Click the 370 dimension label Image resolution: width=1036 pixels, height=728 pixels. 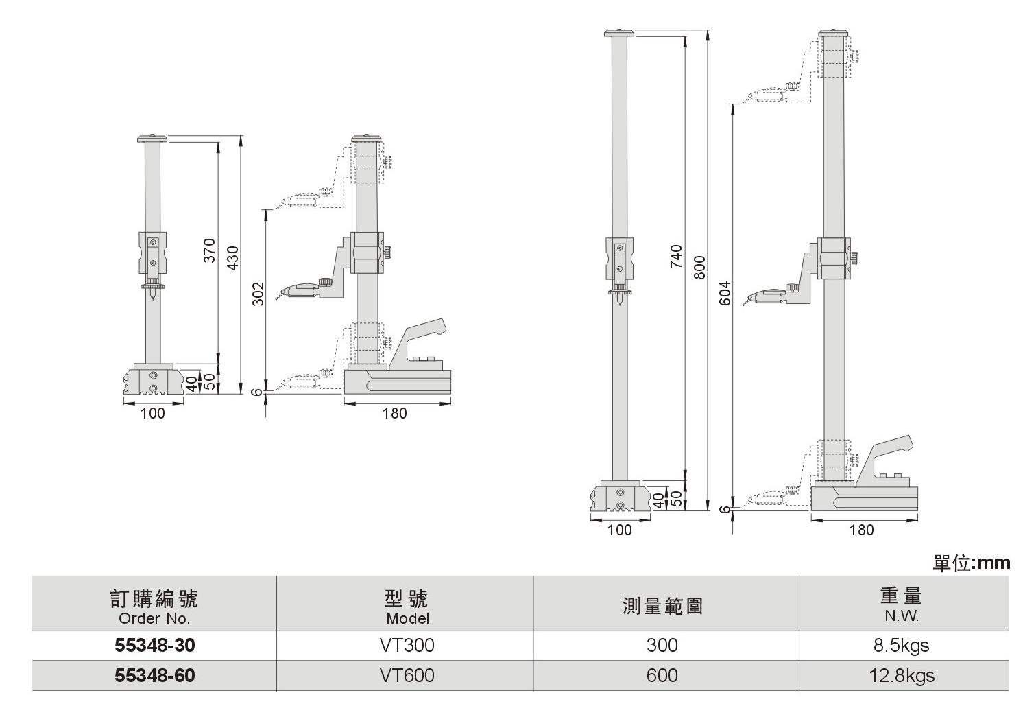210,250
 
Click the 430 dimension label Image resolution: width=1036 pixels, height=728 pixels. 232,257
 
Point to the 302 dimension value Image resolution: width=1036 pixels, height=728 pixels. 258,294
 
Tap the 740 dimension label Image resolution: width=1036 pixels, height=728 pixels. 676,256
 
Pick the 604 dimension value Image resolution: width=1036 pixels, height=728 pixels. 726,294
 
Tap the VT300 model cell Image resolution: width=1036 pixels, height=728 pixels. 407,646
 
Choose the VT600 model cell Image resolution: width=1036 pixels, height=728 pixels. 407,676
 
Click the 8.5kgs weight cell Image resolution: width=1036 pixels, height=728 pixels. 902,646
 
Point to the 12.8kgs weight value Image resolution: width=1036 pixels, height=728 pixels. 902,676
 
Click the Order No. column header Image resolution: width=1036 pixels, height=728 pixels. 154,618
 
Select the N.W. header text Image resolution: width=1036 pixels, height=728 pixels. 902,616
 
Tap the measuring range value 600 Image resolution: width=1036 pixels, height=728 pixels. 662,676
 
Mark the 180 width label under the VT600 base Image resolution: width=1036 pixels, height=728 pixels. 862,530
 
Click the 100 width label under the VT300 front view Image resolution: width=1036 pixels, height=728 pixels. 152,413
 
